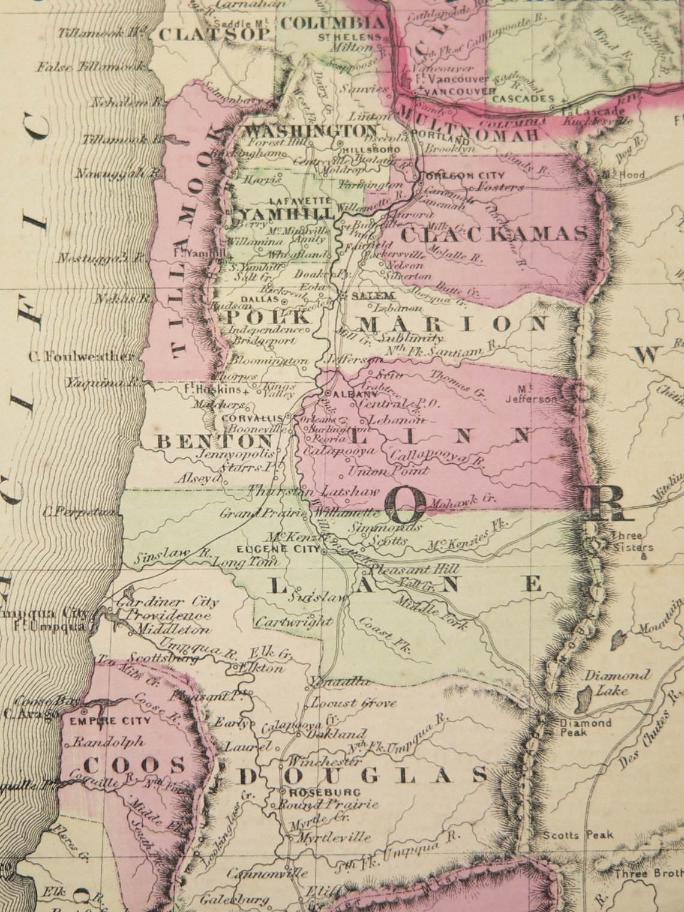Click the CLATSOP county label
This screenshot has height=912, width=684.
click(214, 34)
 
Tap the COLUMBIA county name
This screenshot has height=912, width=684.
click(334, 23)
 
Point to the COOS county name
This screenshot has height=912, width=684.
click(134, 765)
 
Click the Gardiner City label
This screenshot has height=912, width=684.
click(169, 602)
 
